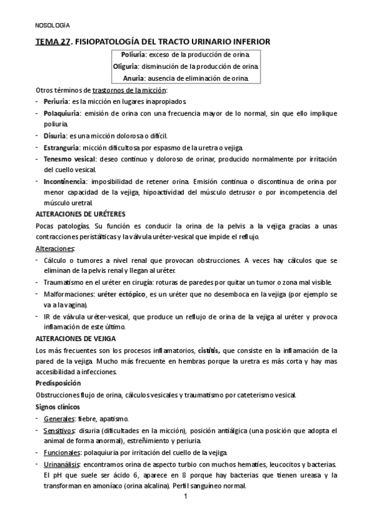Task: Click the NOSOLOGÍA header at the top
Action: (x=52, y=25)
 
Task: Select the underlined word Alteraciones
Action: (x=55, y=249)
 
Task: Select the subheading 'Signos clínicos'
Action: (x=58, y=406)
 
